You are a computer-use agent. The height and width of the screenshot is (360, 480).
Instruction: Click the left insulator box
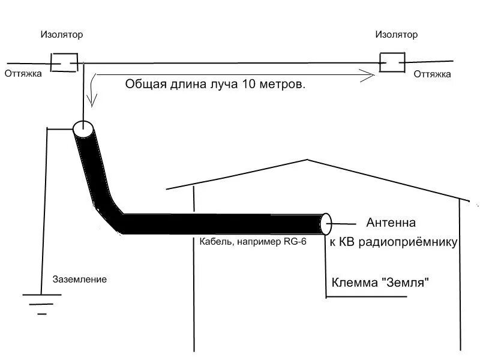tap(63, 62)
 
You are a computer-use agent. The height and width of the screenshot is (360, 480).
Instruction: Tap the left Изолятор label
tap(62, 35)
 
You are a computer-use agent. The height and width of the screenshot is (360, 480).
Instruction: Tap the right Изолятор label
tap(396, 34)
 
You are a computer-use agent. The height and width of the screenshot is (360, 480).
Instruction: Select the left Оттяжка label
tap(23, 74)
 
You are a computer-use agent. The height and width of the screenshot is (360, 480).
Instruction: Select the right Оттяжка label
tap(431, 74)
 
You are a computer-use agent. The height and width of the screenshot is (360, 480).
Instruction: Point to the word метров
tap(281, 84)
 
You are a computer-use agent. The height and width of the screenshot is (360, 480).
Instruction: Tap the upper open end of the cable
tap(82, 128)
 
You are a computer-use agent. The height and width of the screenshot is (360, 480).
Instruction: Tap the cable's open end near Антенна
tap(326, 224)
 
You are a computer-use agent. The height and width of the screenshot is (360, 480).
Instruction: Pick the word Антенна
tap(391, 223)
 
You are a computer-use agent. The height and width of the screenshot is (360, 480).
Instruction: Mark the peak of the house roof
tap(308, 160)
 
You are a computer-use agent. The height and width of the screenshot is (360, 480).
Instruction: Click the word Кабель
tap(215, 243)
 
